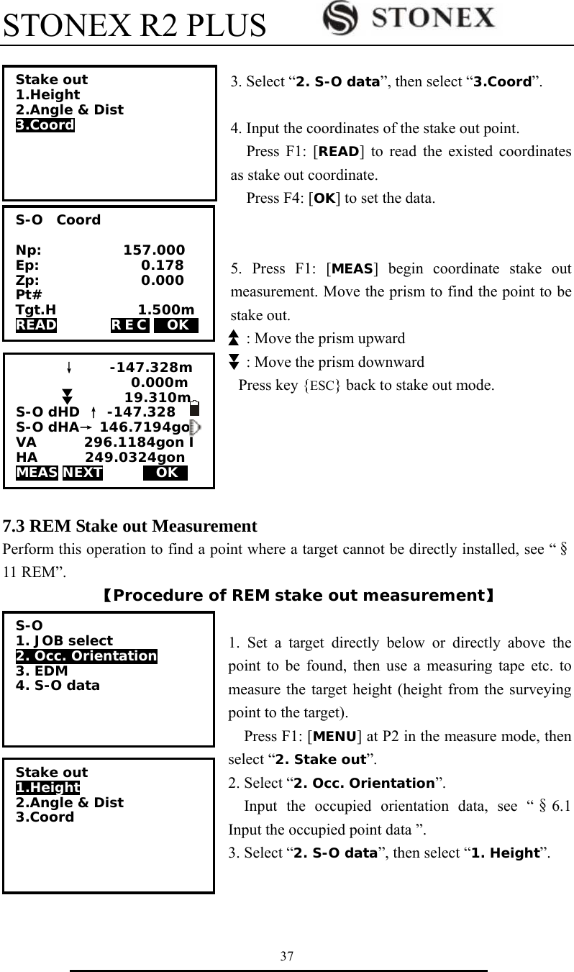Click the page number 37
(x=287, y=956)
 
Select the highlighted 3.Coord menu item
(x=45, y=125)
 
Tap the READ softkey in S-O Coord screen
(x=36, y=325)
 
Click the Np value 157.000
(x=154, y=250)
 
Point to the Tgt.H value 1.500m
(x=165, y=310)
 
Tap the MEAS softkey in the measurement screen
(x=37, y=473)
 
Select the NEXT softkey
(x=83, y=473)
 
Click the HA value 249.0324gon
(x=135, y=458)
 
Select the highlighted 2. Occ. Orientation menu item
(x=86, y=655)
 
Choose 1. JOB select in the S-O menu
(x=64, y=640)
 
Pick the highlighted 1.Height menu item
(x=47, y=788)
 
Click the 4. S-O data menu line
(x=58, y=686)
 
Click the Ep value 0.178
(x=163, y=265)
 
